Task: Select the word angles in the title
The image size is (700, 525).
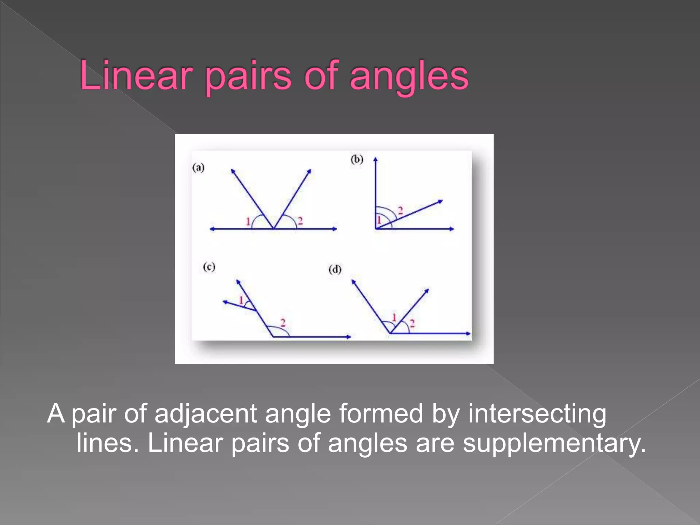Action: click(409, 77)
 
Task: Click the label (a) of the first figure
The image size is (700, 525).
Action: click(198, 168)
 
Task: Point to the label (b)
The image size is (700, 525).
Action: click(357, 160)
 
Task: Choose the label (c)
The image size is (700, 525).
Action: click(209, 267)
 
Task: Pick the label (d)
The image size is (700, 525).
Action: click(335, 270)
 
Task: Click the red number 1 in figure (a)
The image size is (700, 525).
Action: click(248, 222)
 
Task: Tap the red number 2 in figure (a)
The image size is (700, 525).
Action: click(300, 221)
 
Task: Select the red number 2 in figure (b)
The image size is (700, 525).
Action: click(401, 210)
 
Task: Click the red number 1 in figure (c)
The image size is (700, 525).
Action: click(241, 300)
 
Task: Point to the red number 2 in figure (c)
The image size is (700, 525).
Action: click(283, 323)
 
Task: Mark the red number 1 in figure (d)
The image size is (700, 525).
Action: click(394, 318)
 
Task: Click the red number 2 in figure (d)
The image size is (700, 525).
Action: click(412, 323)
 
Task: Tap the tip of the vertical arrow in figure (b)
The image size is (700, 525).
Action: click(375, 159)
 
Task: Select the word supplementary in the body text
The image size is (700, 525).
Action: click(554, 443)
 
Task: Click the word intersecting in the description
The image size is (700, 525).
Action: click(537, 414)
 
